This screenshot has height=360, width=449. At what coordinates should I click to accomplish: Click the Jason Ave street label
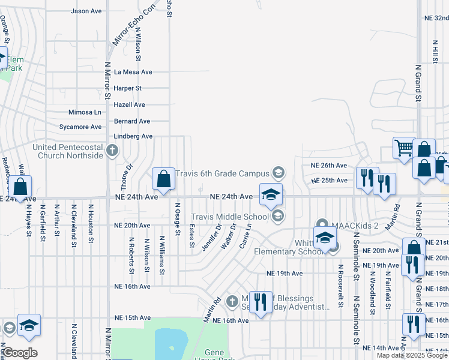click(86, 11)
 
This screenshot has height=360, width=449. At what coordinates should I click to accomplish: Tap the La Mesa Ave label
click(134, 72)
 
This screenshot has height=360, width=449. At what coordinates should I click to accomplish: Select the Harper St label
click(129, 88)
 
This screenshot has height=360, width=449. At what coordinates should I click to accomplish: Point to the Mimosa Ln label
click(85, 112)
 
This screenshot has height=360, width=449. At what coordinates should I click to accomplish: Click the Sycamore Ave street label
click(80, 127)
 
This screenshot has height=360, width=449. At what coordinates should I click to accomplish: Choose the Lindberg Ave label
click(133, 136)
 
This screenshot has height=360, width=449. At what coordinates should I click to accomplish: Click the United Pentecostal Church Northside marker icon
click(112, 151)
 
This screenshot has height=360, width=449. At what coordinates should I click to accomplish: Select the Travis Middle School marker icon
click(277, 216)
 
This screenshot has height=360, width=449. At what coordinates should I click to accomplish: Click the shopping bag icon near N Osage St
click(163, 179)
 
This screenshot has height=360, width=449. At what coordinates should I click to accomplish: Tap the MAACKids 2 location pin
click(322, 226)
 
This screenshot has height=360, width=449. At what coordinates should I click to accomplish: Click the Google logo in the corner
click(20, 353)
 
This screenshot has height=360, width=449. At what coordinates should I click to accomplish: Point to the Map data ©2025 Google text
click(412, 355)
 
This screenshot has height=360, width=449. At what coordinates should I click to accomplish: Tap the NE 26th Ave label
click(328, 165)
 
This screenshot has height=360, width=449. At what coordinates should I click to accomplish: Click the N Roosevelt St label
click(340, 286)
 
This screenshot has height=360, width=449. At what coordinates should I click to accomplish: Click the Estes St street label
click(191, 235)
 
